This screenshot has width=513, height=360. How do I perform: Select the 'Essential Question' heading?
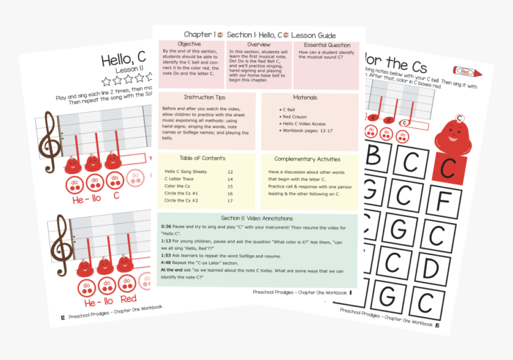coord(326,45)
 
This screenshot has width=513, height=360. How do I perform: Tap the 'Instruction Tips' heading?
coord(205,97)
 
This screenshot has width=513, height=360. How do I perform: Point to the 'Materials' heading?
coord(305,98)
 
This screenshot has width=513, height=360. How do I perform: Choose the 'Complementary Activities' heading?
coord(307,159)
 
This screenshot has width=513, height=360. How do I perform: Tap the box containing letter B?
coord(374,157)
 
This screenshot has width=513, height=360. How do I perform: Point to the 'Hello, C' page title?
coord(123,59)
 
